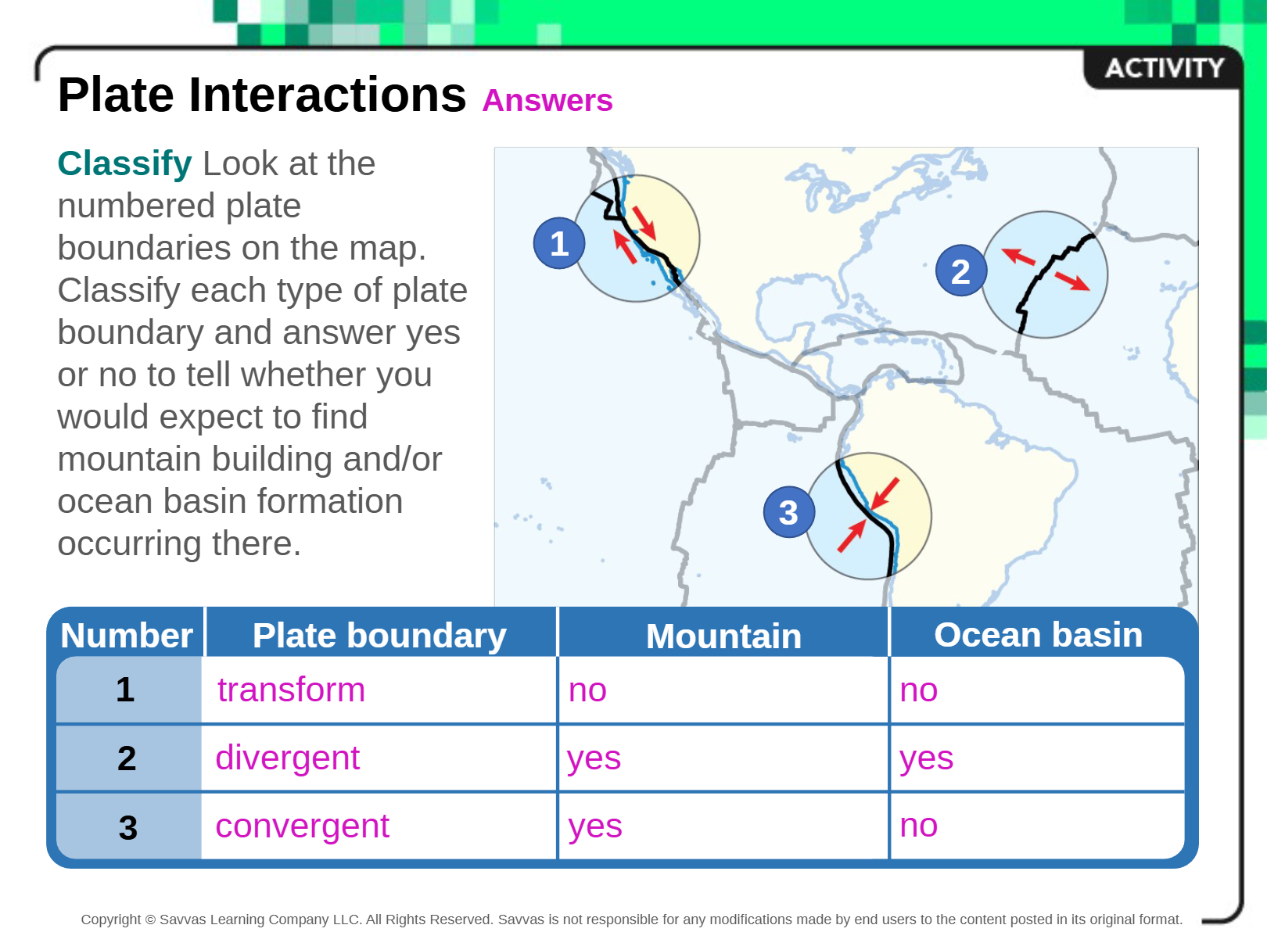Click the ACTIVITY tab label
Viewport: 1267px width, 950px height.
[x=1165, y=68]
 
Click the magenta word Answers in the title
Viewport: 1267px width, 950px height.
[x=547, y=100]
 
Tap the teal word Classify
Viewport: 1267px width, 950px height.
[x=124, y=164]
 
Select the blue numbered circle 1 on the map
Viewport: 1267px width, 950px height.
[x=558, y=243]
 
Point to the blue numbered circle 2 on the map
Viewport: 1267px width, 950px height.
[x=960, y=271]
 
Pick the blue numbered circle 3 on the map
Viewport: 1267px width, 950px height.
[x=788, y=511]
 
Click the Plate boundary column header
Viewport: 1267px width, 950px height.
[x=379, y=636]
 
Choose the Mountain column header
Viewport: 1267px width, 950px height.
[x=723, y=636]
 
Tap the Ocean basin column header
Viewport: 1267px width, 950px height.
[x=1038, y=635]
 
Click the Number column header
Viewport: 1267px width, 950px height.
[x=127, y=636]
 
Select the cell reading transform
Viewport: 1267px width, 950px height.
[x=291, y=690]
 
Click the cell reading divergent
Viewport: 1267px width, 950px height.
[x=288, y=758]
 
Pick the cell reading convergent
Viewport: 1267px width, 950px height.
[x=302, y=826]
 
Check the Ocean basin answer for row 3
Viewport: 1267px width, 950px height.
[x=918, y=826]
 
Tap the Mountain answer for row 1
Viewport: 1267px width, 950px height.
[x=587, y=691]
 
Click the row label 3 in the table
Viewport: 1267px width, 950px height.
[x=127, y=827]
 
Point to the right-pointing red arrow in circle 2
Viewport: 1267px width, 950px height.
[x=1072, y=281]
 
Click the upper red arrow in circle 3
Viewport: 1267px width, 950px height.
[x=885, y=493]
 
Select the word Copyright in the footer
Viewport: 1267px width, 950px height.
[x=110, y=920]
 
